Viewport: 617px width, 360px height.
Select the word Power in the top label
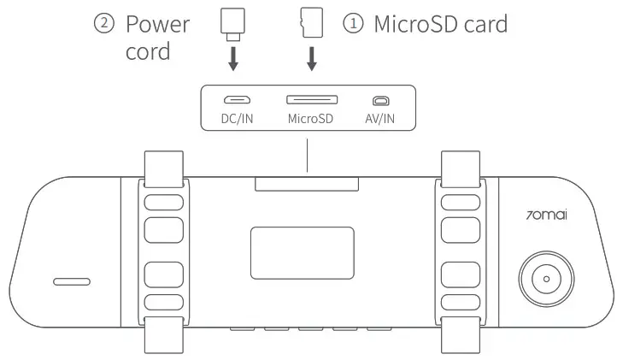coord(158,24)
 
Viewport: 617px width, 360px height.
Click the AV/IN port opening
coord(379,100)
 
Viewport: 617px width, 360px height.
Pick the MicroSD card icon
coord(311,25)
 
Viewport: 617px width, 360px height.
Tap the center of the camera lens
coord(544,280)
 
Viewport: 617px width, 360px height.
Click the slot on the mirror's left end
coord(72,281)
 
